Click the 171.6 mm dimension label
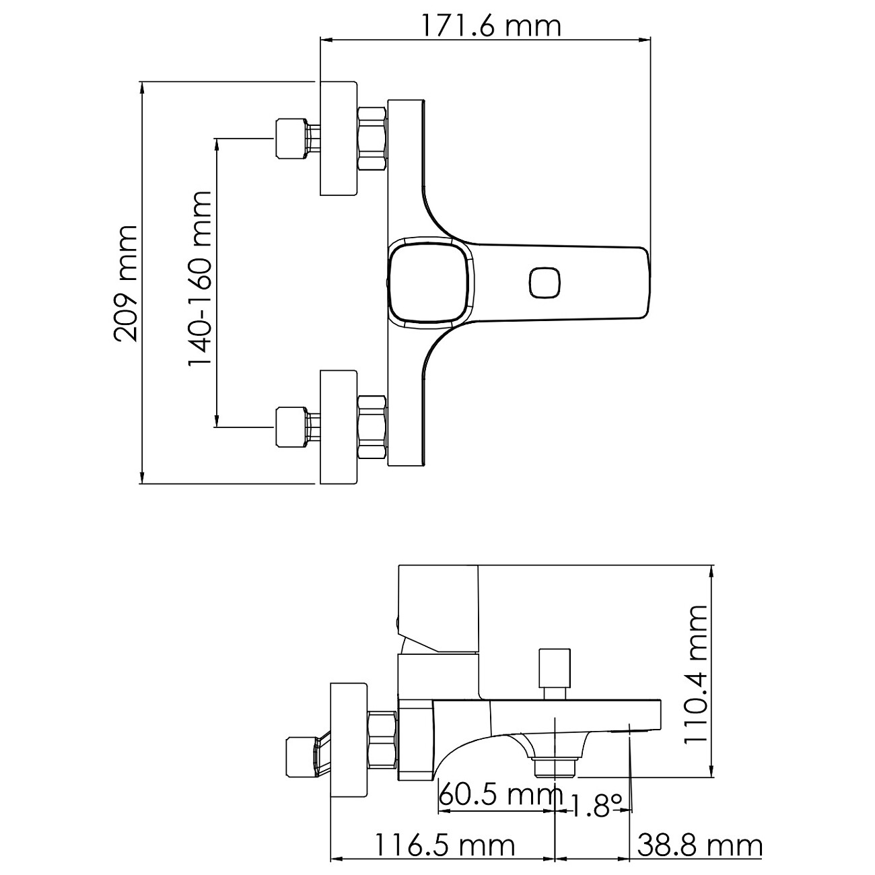coord(491,26)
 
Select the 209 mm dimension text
coord(126,283)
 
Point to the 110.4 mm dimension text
coord(697,673)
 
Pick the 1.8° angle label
coord(595,804)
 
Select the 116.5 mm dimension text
coord(444,845)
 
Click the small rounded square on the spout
coord(545,282)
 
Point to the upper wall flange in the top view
coord(338,139)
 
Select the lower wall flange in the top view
coord(338,426)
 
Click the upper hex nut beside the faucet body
coord(372,139)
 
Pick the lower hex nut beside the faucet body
coord(372,427)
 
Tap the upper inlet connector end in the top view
coord(289,139)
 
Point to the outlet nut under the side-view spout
coord(555,767)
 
